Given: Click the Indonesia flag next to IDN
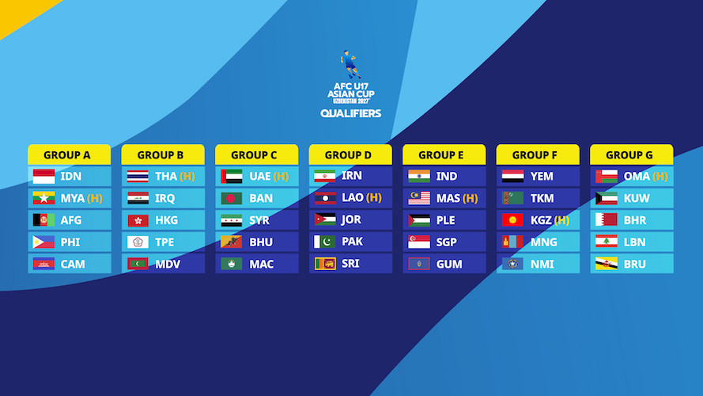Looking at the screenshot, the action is [44, 177].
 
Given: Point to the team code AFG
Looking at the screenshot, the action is [71, 220].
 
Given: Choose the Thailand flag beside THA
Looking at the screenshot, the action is [138, 177].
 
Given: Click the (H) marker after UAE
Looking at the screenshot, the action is [281, 177].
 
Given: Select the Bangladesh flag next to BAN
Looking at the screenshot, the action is [232, 199].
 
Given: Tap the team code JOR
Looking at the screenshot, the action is [351, 219].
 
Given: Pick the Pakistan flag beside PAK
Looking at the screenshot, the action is [325, 242].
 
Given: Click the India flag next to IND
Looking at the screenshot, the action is [419, 177].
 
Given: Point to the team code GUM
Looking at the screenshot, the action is [449, 264].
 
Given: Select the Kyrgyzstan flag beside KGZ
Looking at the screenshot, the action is [512, 220].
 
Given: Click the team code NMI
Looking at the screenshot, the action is [542, 264].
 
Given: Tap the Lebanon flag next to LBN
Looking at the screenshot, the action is [607, 242].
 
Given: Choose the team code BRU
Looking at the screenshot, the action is [635, 264].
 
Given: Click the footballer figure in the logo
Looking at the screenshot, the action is [350, 64].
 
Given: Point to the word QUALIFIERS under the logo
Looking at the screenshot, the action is [350, 113].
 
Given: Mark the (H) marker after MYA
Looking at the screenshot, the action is [95, 199].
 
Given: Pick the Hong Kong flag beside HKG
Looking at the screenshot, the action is [138, 220].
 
